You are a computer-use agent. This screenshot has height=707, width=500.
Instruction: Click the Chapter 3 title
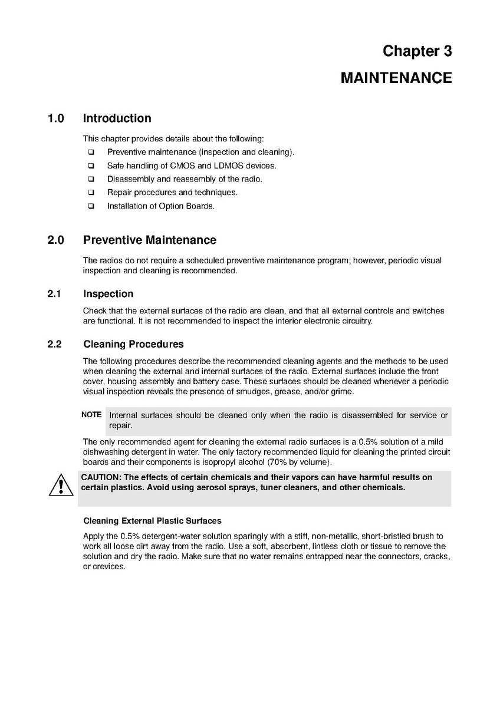[417, 51]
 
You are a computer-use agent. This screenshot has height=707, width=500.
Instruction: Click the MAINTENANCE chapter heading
[396, 78]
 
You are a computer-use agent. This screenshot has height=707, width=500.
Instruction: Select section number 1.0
[56, 118]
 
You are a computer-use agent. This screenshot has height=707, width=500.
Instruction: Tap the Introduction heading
[117, 118]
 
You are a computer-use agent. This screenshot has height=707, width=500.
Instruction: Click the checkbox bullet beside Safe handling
[91, 166]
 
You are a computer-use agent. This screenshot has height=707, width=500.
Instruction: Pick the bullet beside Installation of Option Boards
[91, 207]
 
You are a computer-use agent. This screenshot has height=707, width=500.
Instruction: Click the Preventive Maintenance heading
[149, 240]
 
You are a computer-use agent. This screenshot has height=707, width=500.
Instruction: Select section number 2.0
[56, 240]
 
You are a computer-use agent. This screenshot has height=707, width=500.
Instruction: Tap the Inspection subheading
[108, 294]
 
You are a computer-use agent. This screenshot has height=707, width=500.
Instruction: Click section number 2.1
[55, 294]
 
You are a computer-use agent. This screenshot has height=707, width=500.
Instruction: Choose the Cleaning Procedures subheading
[133, 344]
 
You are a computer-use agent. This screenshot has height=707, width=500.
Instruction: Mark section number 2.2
[55, 344]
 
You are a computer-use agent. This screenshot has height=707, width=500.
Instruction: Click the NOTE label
[91, 415]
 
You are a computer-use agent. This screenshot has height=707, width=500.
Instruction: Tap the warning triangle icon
[61, 485]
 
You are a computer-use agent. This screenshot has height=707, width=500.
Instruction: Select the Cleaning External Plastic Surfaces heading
[152, 521]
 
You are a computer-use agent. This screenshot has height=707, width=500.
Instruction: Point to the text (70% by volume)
[299, 461]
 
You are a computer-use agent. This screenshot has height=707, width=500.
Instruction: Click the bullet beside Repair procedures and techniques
[91, 193]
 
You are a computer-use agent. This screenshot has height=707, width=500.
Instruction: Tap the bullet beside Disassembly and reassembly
[91, 180]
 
